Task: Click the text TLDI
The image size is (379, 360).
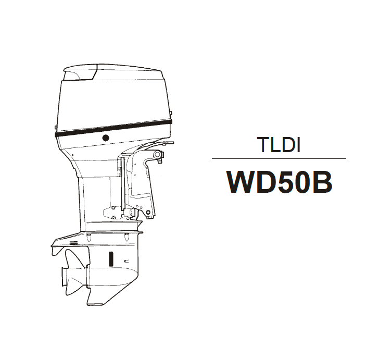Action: (279, 145)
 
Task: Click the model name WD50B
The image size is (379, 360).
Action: (279, 182)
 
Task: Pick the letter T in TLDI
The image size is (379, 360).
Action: (263, 145)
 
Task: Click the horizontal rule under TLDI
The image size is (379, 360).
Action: (279, 159)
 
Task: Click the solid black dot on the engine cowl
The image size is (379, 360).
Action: (106, 138)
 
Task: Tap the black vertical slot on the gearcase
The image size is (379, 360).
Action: (111, 258)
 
